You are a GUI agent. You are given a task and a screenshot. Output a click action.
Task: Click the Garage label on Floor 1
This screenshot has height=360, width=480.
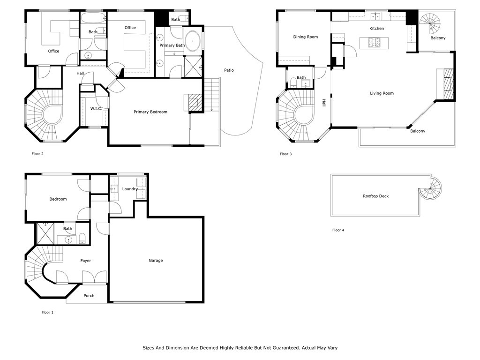tap(156, 261)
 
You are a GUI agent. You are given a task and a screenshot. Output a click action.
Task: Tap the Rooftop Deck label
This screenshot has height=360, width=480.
tap(375, 196)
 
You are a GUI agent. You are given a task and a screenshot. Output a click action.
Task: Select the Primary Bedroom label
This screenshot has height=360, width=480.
tap(150, 112)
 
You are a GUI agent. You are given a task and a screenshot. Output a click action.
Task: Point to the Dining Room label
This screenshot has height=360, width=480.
tap(306, 37)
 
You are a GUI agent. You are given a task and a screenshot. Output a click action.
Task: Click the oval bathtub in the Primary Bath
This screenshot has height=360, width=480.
tap(193, 40)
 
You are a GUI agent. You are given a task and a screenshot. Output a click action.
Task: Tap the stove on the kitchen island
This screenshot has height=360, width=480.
tap(374, 43)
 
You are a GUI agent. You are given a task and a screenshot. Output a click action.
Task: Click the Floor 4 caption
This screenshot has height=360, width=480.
tap(338, 230)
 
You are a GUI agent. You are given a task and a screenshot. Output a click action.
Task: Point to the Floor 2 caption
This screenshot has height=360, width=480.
tap(37, 154)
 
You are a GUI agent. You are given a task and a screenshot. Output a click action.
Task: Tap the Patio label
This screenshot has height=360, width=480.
tap(229, 70)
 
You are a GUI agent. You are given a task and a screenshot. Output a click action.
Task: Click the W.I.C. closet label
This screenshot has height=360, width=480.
tap(96, 109)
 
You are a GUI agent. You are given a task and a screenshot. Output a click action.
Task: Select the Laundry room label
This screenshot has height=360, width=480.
tap(130, 189)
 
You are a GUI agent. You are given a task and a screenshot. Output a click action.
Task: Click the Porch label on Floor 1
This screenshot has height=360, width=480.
tap(89, 296)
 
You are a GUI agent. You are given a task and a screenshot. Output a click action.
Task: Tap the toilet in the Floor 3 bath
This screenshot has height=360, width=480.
tap(293, 82)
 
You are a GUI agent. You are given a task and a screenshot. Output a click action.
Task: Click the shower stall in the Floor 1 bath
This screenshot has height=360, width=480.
tap(45, 234)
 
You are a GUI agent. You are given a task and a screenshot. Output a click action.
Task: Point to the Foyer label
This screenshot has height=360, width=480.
tap(86, 261)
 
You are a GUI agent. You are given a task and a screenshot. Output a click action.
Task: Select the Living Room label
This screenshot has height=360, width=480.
tap(382, 93)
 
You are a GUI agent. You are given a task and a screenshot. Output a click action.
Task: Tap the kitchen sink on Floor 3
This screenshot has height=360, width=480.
tap(375, 16)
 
